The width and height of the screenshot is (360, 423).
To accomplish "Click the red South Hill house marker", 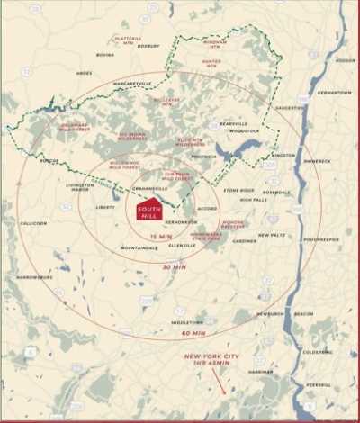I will pyautogui.click(x=150, y=209).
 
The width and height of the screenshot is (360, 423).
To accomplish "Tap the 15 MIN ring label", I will pyautogui.click(x=160, y=236).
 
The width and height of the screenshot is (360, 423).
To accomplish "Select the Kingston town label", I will pyautogui.click(x=283, y=155).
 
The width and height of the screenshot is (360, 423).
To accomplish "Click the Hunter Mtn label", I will pyautogui.click(x=211, y=62).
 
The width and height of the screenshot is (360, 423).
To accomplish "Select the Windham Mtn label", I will pyautogui.click(x=214, y=43).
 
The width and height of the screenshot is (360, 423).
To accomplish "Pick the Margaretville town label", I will pyautogui.click(x=131, y=83).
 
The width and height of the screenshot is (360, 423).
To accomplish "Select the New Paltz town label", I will pyautogui.click(x=271, y=235).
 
